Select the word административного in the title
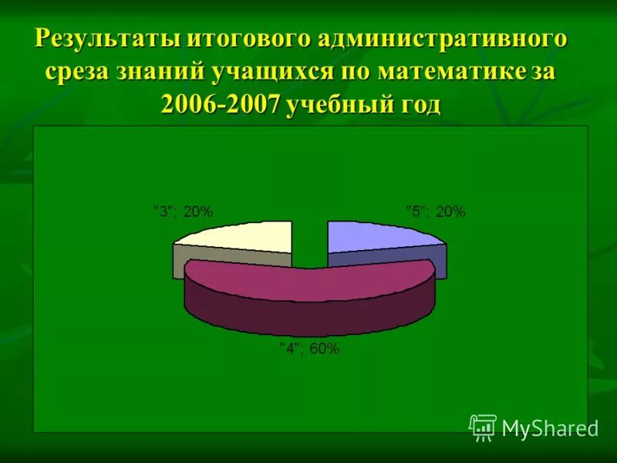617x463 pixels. point(438,39)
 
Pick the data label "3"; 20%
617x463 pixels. point(183,211)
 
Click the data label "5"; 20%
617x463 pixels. point(436,211)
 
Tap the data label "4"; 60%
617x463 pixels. point(308,349)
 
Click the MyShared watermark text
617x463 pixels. point(550,428)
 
